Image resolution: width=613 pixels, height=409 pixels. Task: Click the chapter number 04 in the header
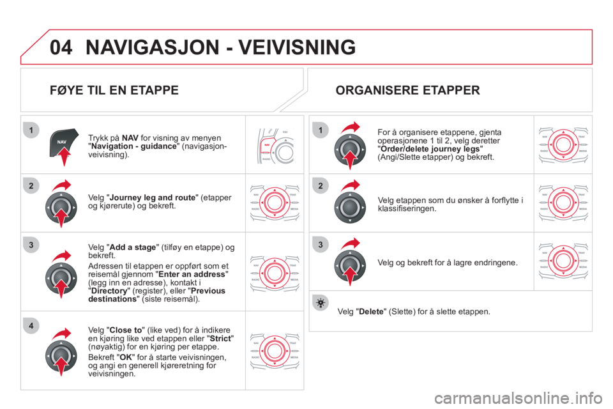61,47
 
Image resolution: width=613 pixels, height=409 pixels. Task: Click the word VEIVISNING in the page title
297,47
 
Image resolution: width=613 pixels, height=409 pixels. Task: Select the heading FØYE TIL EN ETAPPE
114,90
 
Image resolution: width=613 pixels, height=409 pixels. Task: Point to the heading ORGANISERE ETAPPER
408,90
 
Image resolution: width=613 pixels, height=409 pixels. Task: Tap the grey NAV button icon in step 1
63,143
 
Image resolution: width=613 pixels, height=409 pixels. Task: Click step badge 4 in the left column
31,326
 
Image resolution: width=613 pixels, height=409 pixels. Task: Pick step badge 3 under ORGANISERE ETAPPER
321,245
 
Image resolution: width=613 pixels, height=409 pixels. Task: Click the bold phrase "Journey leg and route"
153,197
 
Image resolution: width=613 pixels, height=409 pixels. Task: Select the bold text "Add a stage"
133,247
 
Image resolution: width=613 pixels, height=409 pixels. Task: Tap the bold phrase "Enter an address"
192,274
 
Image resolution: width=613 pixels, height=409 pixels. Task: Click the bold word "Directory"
109,291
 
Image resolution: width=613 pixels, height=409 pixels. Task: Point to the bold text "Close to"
126,330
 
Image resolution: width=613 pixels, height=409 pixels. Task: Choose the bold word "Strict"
220,339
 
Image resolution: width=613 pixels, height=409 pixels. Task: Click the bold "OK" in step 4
126,357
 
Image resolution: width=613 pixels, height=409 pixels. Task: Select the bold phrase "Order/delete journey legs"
430,149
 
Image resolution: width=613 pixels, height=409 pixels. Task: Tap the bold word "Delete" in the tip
372,312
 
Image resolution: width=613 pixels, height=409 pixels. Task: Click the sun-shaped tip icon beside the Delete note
321,304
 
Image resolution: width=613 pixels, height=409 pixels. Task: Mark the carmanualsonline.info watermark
518,398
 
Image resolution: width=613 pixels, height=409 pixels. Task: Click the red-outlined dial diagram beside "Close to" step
275,351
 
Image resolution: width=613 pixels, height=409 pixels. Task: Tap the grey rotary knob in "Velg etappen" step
350,208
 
